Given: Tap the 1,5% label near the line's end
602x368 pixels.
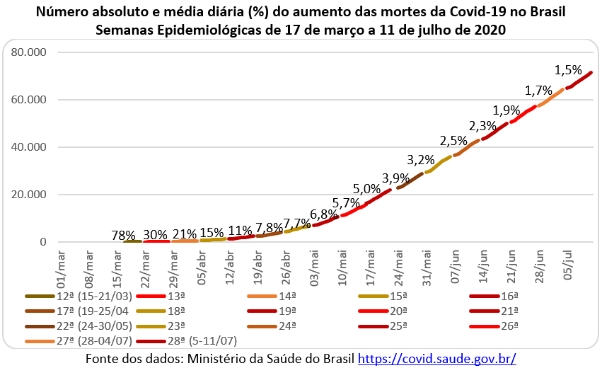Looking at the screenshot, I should tap(568, 70).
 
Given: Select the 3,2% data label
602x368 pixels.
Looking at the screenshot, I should tap(421, 160).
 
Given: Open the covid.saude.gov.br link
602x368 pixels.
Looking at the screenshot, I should tap(437, 358).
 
